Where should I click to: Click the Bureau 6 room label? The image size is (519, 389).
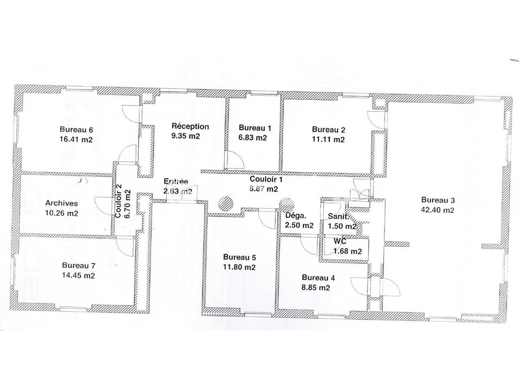tap(76, 130)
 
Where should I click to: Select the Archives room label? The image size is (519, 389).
tap(61, 203)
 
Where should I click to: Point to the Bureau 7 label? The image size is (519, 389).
tap(78, 266)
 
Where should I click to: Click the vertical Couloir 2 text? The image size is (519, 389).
tap(118, 201)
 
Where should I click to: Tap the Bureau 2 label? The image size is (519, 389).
tap(328, 130)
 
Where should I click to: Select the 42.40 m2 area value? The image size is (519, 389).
tap(438, 210)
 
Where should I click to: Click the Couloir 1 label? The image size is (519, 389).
tap(266, 179)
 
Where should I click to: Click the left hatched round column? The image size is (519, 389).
tap(225, 203)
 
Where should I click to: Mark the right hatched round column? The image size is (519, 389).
tap(286, 204)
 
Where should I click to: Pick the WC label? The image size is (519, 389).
tap(340, 242)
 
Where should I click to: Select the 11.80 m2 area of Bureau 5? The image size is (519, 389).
tap(239, 267)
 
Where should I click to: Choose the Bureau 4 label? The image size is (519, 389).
tap(318, 278)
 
